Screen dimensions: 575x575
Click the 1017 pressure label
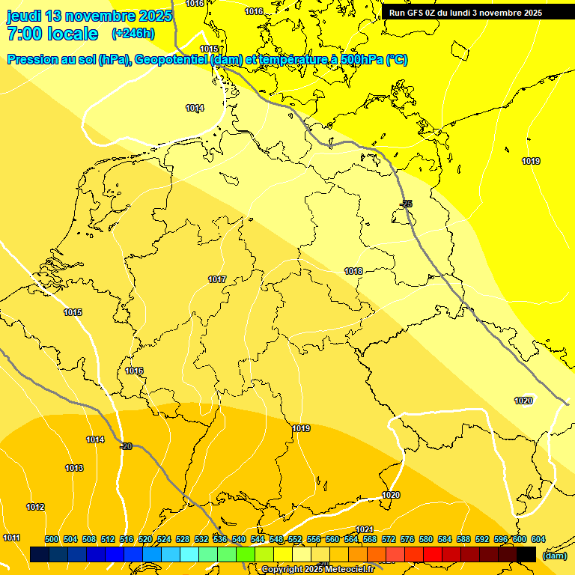217,279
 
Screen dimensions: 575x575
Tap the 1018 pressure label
353,271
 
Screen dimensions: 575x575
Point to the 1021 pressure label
365,529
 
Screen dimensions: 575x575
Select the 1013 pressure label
74,468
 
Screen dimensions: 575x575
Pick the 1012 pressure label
35,507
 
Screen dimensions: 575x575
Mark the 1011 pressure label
11,538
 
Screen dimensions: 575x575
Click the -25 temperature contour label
407,204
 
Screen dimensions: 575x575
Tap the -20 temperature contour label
126,446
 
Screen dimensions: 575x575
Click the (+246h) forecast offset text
133,34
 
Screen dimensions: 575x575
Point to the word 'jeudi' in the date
24,15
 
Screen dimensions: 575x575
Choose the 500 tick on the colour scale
52,539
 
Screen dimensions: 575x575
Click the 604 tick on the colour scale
538,539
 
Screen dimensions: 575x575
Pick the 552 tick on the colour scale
295,539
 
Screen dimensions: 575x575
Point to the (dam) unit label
554,556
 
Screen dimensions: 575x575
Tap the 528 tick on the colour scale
183,539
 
